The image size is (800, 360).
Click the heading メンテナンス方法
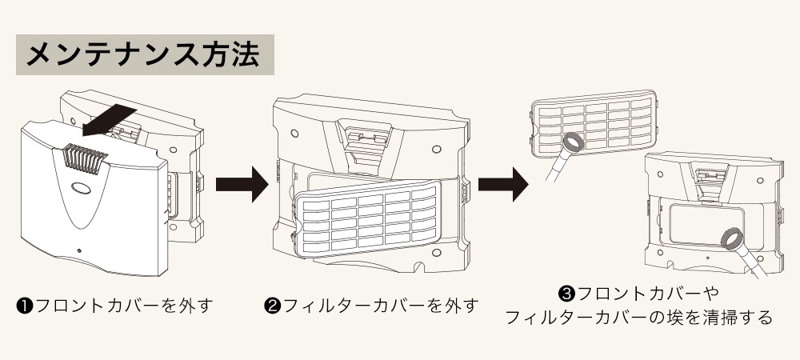point(144,54)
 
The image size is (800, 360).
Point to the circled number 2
point(271,306)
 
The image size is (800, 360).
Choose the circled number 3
point(567,294)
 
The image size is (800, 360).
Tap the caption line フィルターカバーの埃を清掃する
point(639,318)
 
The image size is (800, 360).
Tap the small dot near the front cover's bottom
point(78,250)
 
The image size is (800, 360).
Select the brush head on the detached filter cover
point(572,144)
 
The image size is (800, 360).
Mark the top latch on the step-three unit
point(710,174)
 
